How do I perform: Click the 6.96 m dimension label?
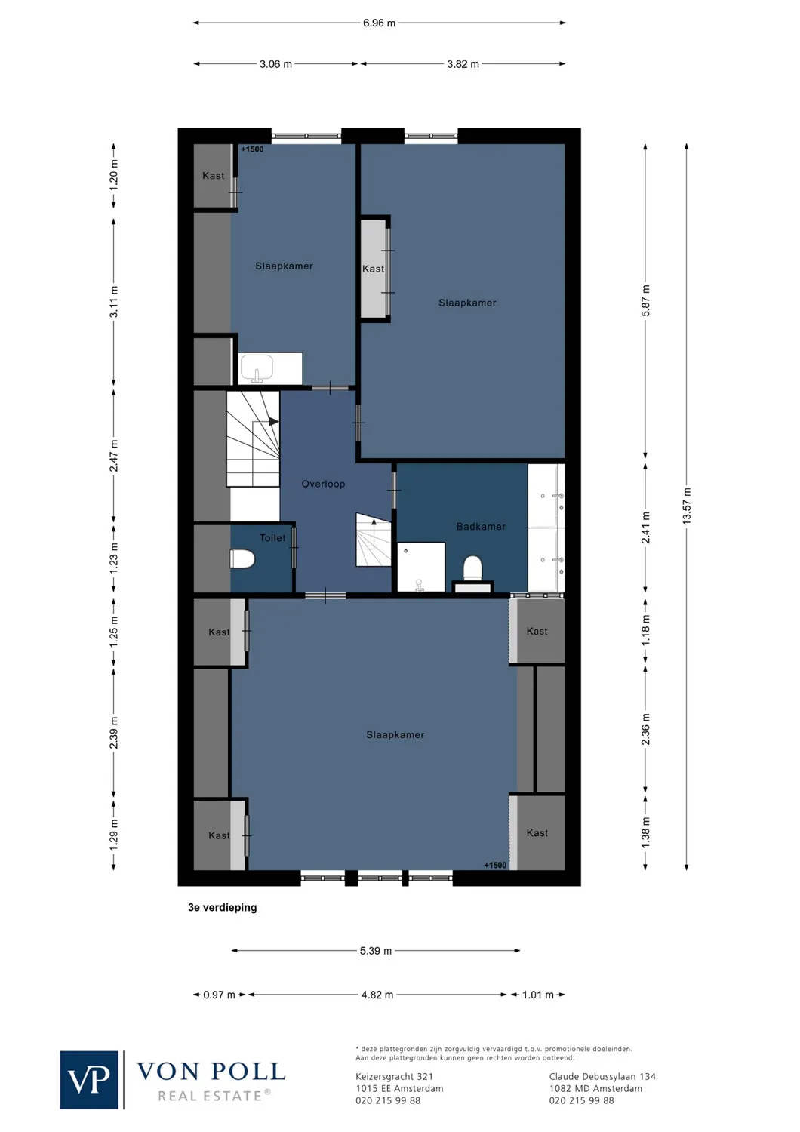click(379, 23)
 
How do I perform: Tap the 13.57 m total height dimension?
click(687, 506)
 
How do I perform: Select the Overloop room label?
click(323, 484)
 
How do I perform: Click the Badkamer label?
click(481, 527)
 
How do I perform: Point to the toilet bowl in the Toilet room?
click(242, 559)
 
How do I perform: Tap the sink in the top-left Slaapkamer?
click(257, 369)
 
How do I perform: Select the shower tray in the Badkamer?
click(420, 567)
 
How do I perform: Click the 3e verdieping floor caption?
click(223, 908)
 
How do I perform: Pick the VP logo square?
click(89, 1080)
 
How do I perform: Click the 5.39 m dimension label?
click(376, 951)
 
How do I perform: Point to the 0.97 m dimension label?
click(219, 995)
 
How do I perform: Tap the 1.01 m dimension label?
click(538, 995)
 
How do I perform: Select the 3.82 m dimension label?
click(463, 64)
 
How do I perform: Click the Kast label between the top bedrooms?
click(373, 269)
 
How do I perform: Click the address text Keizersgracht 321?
click(394, 1077)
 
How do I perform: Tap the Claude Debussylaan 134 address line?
click(602, 1077)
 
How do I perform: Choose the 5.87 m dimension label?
click(645, 300)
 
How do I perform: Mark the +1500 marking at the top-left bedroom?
click(252, 149)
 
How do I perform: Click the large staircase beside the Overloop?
click(253, 438)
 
